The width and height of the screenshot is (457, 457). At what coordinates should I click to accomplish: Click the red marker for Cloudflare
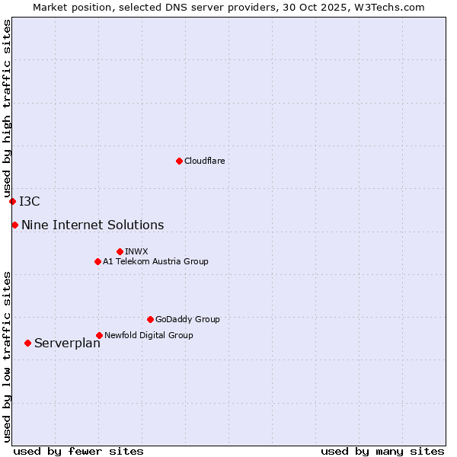pyautogui.click(x=179, y=161)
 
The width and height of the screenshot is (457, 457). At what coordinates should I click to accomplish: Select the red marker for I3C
pyautogui.click(x=12, y=201)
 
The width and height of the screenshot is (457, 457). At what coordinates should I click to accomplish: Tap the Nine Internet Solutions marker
pyautogui.click(x=14, y=225)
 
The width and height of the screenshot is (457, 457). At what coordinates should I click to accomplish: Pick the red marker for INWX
pyautogui.click(x=120, y=251)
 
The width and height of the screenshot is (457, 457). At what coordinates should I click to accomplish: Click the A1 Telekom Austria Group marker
pyautogui.click(x=97, y=261)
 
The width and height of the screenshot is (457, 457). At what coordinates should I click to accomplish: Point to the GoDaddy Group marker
pyautogui.click(x=150, y=319)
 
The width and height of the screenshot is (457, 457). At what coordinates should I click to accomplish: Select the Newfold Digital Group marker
pyautogui.click(x=99, y=335)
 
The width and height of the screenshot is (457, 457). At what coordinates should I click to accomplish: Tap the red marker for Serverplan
pyautogui.click(x=27, y=343)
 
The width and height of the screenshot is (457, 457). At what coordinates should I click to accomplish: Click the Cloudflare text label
pyautogui.click(x=204, y=161)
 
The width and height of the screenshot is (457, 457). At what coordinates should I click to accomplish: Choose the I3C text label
pyautogui.click(x=30, y=201)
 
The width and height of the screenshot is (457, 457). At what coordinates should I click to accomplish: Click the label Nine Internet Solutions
pyautogui.click(x=92, y=225)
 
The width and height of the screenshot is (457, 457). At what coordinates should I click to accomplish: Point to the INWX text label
pyautogui.click(x=136, y=251)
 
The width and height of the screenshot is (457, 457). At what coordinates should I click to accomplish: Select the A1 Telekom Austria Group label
pyautogui.click(x=155, y=261)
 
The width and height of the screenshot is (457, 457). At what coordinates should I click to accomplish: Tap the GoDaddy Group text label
pyautogui.click(x=187, y=319)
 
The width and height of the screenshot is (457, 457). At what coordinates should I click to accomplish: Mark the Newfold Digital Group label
pyautogui.click(x=149, y=335)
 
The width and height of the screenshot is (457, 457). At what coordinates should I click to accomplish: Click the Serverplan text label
pyautogui.click(x=67, y=343)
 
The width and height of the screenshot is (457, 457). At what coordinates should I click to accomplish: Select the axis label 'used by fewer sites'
pyautogui.click(x=78, y=451)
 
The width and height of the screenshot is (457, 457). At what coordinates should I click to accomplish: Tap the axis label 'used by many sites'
pyautogui.click(x=382, y=451)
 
